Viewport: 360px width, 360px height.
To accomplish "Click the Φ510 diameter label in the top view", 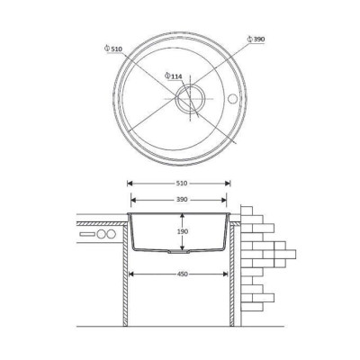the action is pos(113,49).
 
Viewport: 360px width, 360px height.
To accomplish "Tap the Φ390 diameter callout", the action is pos(256,40).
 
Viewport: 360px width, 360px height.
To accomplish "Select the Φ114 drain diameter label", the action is pos(174,76).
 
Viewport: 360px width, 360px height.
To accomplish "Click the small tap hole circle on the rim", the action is pos(232,98).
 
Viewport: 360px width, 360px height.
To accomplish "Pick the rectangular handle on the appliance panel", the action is pos(87,233).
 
